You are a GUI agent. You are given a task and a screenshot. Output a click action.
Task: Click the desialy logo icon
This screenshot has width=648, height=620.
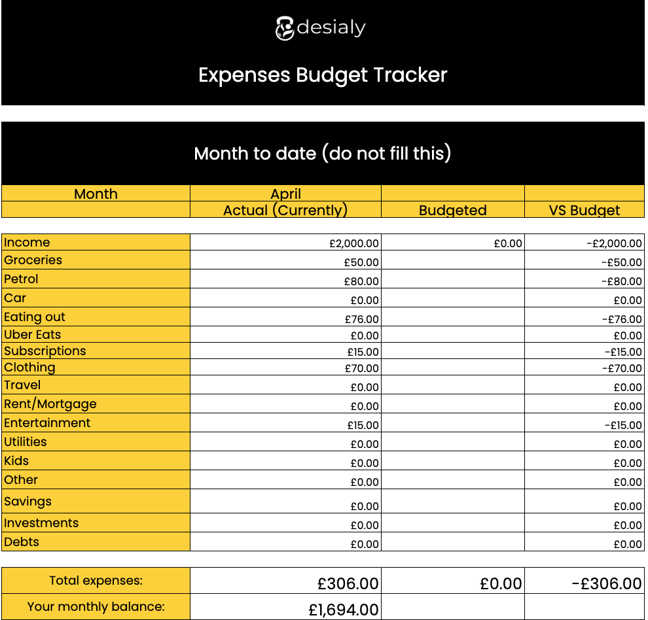pyautogui.click(x=285, y=28)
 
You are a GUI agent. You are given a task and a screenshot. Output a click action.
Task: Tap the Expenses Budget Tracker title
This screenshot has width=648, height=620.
pyautogui.click(x=323, y=75)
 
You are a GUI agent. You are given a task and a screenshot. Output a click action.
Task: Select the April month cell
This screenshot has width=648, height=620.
pyautogui.click(x=286, y=194)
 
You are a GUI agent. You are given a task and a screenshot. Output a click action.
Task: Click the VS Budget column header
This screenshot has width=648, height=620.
pyautogui.click(x=584, y=211)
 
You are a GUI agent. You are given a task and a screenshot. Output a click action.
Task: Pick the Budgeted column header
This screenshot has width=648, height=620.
pyautogui.click(x=452, y=211)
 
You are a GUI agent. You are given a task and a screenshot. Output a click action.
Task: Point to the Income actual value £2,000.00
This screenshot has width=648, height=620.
pyautogui.click(x=353, y=243)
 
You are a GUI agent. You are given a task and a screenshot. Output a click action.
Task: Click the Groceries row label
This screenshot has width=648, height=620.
pyautogui.click(x=33, y=260)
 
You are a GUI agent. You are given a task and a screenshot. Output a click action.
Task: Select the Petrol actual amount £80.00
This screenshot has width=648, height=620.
pyautogui.click(x=361, y=281)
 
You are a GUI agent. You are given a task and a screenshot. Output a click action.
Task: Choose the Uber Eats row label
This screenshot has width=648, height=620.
pyautogui.click(x=33, y=334)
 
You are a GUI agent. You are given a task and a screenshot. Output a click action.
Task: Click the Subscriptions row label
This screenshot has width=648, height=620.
pyautogui.click(x=45, y=351)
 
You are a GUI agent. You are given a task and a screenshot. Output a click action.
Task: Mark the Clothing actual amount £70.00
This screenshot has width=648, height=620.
pyautogui.click(x=361, y=368)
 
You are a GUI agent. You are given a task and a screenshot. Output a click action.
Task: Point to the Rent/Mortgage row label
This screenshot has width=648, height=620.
pyautogui.click(x=50, y=404)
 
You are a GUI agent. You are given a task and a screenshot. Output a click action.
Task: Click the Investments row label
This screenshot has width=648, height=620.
pyautogui.click(x=41, y=523)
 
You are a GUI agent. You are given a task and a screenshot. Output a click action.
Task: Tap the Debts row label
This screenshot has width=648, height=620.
pyautogui.click(x=22, y=542)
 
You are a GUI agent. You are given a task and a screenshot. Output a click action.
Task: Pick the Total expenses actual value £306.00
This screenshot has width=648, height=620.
pyautogui.click(x=348, y=583)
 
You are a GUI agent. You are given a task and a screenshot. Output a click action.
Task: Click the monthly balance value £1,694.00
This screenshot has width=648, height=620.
pyautogui.click(x=343, y=610)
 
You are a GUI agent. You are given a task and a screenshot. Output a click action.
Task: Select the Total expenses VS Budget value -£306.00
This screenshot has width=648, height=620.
pyautogui.click(x=606, y=583)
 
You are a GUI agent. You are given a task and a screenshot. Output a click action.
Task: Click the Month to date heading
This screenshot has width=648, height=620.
pyautogui.click(x=323, y=154)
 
